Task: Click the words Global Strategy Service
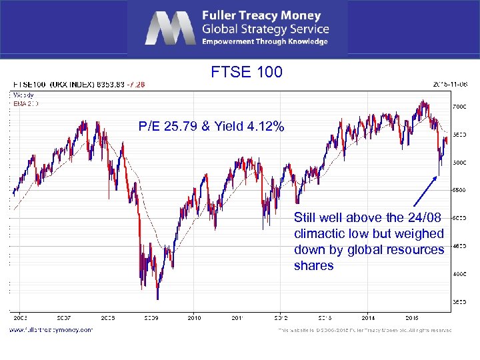[x=266, y=29]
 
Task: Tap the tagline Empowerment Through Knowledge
[x=265, y=41]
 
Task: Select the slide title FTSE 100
[x=247, y=72]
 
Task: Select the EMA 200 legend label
[x=26, y=103]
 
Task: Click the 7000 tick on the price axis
[x=460, y=107]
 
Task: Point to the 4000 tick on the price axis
[x=460, y=274]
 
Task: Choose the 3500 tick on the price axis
[x=460, y=302]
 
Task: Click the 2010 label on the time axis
[x=194, y=318]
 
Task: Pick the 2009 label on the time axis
[x=151, y=318]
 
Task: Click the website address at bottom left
[x=51, y=329]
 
